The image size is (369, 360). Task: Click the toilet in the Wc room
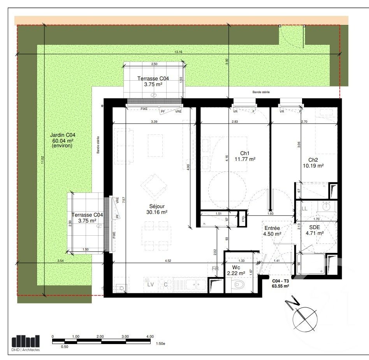tap(237, 285)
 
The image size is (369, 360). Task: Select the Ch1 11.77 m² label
tap(244, 156)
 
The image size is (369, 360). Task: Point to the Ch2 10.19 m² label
tap(316, 162)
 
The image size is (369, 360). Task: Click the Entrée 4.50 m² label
tap(272, 231)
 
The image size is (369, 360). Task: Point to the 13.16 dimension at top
tap(178, 52)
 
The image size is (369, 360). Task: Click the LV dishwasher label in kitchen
tap(151, 284)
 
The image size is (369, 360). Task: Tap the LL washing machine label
tap(304, 209)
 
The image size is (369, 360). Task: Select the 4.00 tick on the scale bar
tap(150, 336)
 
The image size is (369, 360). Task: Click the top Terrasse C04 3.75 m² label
tap(153, 81)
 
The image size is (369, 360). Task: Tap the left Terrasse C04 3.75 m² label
tap(87, 217)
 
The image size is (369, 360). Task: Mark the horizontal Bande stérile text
tap(260, 92)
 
